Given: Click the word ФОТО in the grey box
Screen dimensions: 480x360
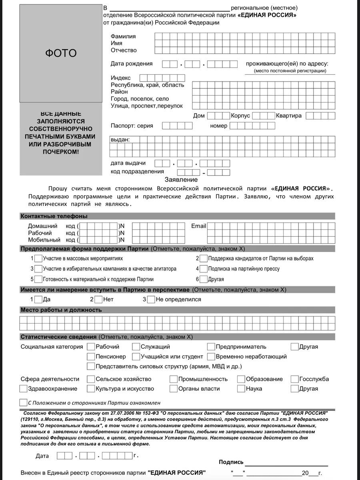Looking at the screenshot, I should click(x=60, y=53).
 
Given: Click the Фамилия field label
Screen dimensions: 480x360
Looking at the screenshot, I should click(x=123, y=36).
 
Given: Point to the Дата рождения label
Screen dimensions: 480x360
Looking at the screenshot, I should click(x=132, y=64).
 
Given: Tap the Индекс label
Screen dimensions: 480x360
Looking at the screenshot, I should click(x=121, y=78).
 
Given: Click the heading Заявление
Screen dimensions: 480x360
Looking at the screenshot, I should click(x=181, y=180).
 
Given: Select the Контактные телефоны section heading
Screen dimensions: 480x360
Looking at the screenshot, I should click(x=54, y=216).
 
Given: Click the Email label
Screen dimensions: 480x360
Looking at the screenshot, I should click(x=198, y=226).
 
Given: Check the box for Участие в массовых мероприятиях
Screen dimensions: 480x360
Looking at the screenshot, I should click(x=38, y=258).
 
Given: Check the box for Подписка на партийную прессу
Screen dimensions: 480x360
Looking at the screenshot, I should click(x=204, y=269).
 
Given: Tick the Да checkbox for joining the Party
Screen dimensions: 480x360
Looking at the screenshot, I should click(x=38, y=299).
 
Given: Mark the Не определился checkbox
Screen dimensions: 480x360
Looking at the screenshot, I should click(x=151, y=299).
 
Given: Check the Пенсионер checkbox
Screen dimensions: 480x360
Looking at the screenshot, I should click(x=91, y=356).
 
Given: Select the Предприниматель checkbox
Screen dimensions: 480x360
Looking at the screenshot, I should click(x=211, y=347).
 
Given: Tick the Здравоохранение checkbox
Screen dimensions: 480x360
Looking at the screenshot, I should click(x=23, y=388).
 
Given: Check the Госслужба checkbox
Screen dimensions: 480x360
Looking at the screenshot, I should click(x=294, y=379).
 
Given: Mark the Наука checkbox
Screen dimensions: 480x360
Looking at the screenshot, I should click(x=241, y=388).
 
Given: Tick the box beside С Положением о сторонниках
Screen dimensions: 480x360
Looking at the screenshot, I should click(x=23, y=402).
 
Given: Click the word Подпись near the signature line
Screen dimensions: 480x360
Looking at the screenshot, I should click(x=231, y=462).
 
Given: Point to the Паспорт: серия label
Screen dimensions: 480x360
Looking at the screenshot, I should click(x=132, y=126).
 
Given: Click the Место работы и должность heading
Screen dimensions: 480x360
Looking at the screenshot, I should click(x=61, y=310).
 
